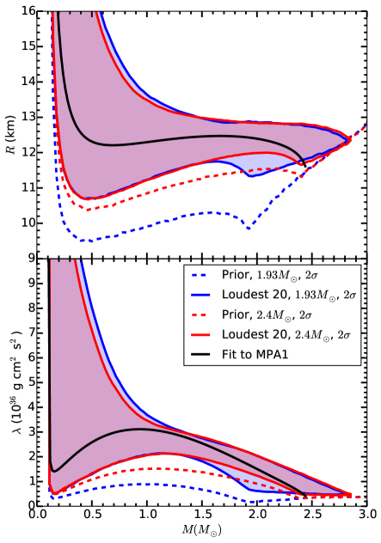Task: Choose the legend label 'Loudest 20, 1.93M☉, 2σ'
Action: click(x=284, y=294)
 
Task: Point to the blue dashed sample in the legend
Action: click(x=201, y=275)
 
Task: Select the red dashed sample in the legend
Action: click(x=201, y=313)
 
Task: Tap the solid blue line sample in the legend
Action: click(x=201, y=294)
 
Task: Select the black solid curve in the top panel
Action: click(x=172, y=137)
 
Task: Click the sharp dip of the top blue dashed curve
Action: click(x=249, y=228)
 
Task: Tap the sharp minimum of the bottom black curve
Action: click(x=54, y=469)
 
